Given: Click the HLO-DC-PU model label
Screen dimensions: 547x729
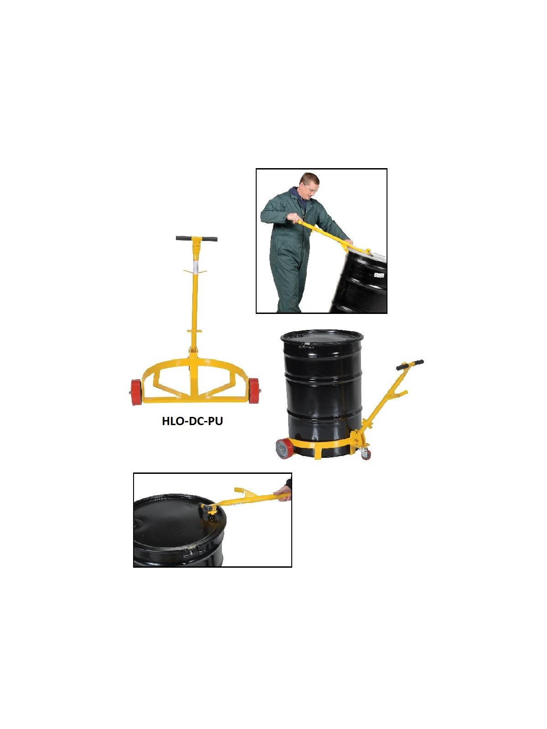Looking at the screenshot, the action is click(192, 421).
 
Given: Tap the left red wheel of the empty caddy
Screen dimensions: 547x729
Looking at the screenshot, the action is click(136, 392).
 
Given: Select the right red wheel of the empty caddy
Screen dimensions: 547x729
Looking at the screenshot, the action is click(255, 390).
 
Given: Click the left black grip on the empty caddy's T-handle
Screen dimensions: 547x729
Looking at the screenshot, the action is click(184, 238).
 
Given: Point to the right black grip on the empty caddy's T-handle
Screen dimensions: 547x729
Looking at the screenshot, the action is click(210, 239).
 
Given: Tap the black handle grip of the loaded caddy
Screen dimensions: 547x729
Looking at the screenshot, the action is click(410, 364).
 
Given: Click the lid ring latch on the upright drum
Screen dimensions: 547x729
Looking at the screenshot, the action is click(306, 346).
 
